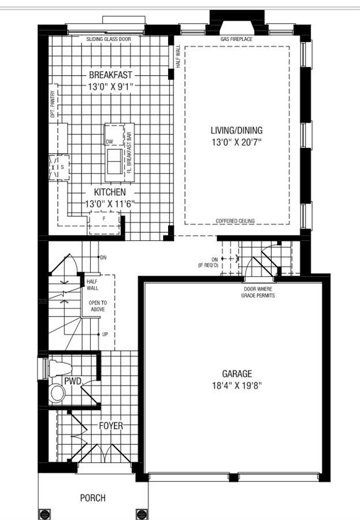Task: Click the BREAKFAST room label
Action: pyautogui.click(x=110, y=75)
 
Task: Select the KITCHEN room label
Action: pyautogui.click(x=106, y=192)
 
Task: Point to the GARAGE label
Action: pyautogui.click(x=237, y=374)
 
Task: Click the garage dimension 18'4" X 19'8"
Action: pyautogui.click(x=237, y=387)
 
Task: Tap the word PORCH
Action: pyautogui.click(x=92, y=497)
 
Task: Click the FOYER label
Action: pyautogui.click(x=110, y=426)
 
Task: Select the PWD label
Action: pyautogui.click(x=73, y=381)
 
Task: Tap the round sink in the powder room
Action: pyautogui.click(x=58, y=393)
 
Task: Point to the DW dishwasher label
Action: pyautogui.click(x=109, y=142)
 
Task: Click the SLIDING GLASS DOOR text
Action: pyautogui.click(x=109, y=39)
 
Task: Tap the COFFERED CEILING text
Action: pyautogui.click(x=235, y=221)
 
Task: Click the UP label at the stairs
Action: pyautogui.click(x=105, y=335)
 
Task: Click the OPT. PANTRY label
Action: pyautogui.click(x=53, y=105)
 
